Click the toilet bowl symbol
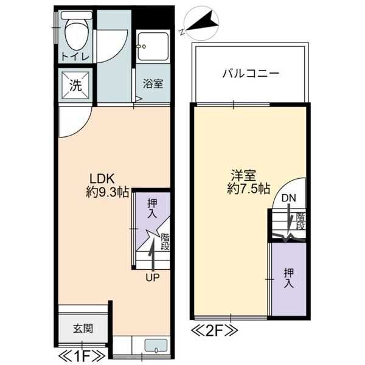(77, 34)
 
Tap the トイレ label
(75, 57)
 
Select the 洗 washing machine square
(75, 86)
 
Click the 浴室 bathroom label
(152, 85)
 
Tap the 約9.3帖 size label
(106, 193)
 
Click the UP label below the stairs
(152, 277)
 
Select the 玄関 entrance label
(83, 329)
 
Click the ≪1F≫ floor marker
(82, 355)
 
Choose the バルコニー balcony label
(250, 74)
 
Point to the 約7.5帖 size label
(248, 189)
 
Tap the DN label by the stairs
(289, 198)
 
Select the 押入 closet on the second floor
(288, 279)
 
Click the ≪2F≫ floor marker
(215, 332)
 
